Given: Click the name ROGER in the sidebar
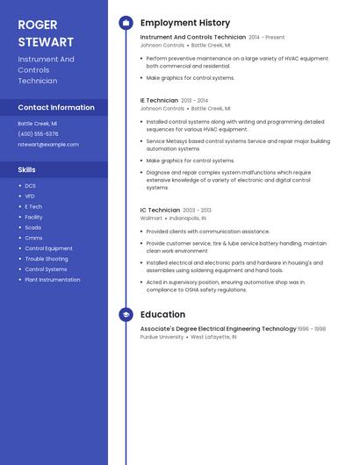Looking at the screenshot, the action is [37, 24].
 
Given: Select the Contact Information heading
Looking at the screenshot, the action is [56, 107].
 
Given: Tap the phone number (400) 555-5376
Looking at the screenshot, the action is [38, 133].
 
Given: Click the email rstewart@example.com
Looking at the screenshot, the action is [48, 145].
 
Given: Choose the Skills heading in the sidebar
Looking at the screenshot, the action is [27, 169].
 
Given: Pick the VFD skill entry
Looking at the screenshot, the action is [30, 196].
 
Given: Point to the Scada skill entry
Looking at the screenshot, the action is [32, 227].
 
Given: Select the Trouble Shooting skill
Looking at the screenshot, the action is [46, 259].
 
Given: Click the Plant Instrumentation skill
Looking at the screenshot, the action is [52, 280].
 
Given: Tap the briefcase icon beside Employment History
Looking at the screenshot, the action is [126, 23].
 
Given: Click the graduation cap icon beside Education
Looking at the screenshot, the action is [126, 314].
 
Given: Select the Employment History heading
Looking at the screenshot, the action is [185, 23].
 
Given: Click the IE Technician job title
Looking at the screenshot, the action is [159, 101].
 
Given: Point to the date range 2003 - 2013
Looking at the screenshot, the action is [198, 211].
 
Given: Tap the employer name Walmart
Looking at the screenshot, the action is [151, 218].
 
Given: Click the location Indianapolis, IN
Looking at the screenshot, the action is [188, 218].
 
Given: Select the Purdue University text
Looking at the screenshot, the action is [162, 337].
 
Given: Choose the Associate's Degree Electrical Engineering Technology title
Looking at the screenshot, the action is [218, 329].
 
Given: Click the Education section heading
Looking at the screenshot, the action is [162, 314].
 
